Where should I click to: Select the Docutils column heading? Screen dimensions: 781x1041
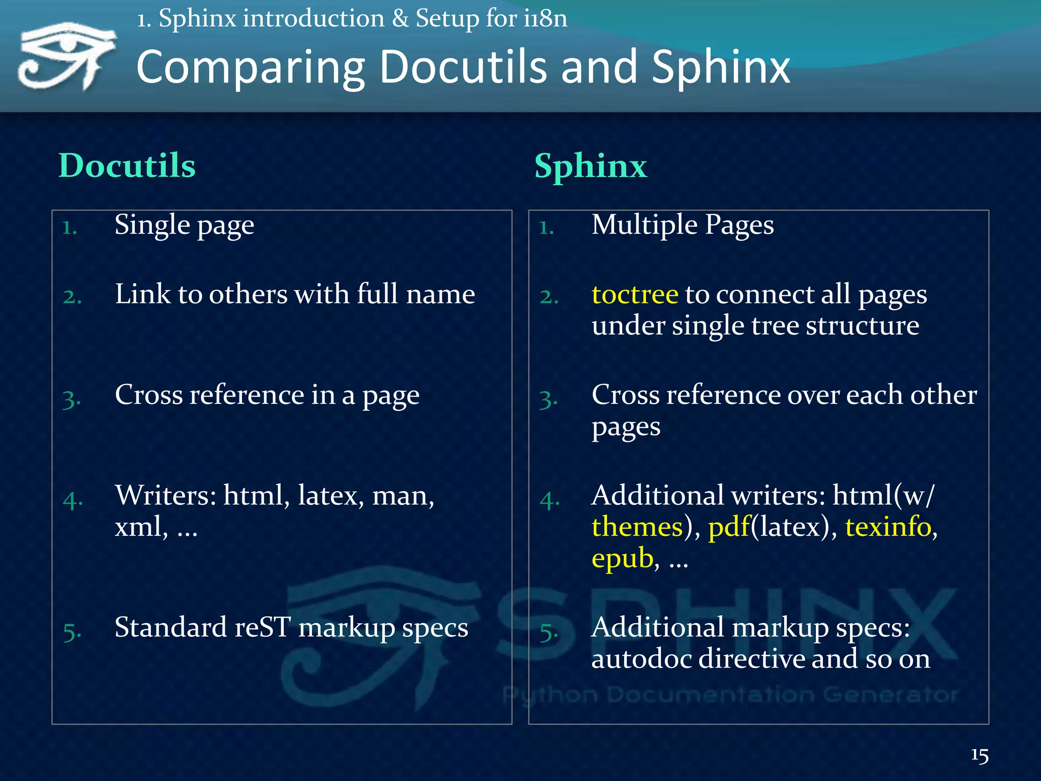click(127, 166)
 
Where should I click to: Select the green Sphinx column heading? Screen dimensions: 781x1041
click(591, 166)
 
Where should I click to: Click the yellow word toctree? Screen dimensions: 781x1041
click(635, 294)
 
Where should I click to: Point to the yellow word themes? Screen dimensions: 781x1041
click(637, 527)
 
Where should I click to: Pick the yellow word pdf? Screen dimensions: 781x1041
click(729, 527)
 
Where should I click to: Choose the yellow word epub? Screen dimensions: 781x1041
click(622, 558)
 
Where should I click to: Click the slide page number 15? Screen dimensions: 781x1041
click(979, 755)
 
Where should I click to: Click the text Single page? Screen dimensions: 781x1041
click(184, 225)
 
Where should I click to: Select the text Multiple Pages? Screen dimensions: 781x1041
click(683, 225)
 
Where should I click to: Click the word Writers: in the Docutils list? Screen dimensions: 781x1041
click(166, 495)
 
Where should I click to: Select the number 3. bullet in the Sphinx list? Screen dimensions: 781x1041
click(548, 399)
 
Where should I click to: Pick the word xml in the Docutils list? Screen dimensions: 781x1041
click(138, 527)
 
